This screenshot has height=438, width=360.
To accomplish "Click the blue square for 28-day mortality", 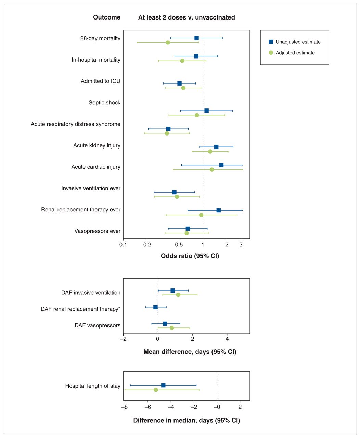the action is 196,38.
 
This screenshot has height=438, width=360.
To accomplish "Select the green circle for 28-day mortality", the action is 168,42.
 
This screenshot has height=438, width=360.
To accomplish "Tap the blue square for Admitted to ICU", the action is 179,83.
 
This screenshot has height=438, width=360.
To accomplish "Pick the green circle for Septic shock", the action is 197,115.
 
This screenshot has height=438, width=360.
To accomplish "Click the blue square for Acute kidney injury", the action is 216,147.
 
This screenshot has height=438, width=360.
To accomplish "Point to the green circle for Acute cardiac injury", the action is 212,169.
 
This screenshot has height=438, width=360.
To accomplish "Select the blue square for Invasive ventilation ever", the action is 174,192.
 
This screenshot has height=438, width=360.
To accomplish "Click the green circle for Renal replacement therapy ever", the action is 201,215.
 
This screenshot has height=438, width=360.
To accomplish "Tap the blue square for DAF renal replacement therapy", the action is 155,307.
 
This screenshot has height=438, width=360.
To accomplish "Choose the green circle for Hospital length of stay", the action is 156,390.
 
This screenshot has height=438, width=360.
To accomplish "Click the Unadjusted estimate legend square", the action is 271,42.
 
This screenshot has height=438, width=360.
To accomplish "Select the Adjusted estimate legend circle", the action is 271,53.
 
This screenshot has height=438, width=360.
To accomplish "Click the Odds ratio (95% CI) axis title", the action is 190,256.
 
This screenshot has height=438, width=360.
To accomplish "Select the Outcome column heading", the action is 107,17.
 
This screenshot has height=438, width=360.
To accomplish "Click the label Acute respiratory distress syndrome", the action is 76,124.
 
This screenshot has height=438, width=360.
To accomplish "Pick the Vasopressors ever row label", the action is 98,231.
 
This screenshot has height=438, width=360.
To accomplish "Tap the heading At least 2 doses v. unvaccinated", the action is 187,17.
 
